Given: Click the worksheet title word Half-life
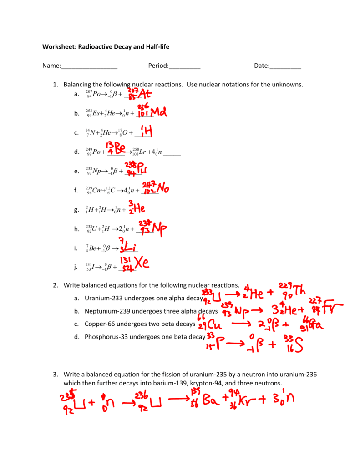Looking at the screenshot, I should pos(154,46).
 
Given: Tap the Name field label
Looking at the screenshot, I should pos(51,66).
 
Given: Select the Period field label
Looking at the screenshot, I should pos(158,66).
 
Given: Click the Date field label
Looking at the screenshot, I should pos(261,66).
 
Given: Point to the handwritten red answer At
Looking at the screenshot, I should pos(144,95).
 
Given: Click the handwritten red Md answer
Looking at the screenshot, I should pos(158,112).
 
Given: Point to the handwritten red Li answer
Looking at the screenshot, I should pos(132,248).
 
